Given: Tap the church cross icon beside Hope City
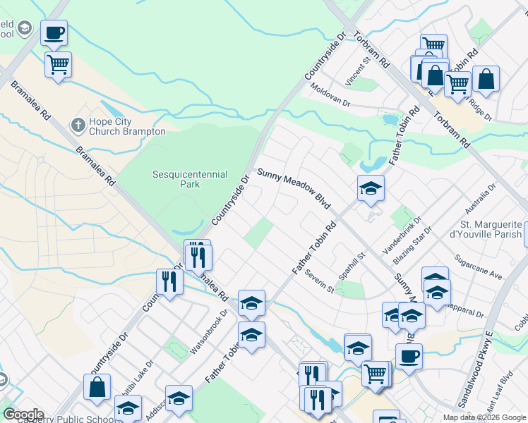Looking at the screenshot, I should tap(78, 125).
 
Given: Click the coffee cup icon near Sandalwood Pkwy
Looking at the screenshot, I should tap(408, 356).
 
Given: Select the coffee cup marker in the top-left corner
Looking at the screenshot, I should tap(54, 32).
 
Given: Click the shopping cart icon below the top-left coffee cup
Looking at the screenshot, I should tap(58, 65).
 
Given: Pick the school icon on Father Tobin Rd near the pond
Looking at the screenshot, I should tap(371, 188).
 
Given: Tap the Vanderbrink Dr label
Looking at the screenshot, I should tap(401, 235).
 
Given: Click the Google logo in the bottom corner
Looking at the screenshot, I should tap(23, 415).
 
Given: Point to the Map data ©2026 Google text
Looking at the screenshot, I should tap(484, 417).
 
